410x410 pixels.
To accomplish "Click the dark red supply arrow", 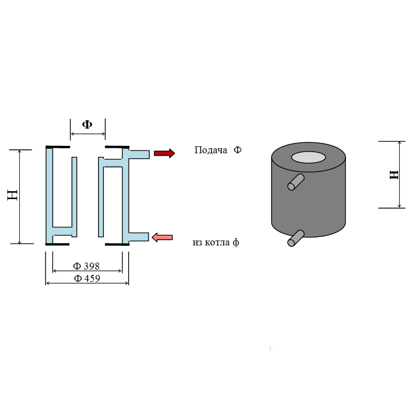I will pyautogui.click(x=164, y=153).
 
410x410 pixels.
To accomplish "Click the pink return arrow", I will pyautogui.click(x=162, y=238).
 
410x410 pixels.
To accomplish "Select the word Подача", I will pyautogui.click(x=211, y=150).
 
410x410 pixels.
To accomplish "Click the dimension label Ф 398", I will pyautogui.click(x=86, y=266).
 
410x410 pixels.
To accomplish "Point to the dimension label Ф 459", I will pyautogui.click(x=87, y=278).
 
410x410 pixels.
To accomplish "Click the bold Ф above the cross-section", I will pyautogui.click(x=87, y=124).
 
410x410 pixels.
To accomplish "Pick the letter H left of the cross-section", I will pyautogui.click(x=13, y=195).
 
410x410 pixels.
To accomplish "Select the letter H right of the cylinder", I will pyautogui.click(x=394, y=174).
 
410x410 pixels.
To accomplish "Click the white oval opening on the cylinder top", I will pyautogui.click(x=308, y=157).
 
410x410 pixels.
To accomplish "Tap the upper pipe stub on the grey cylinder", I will pyautogui.click(x=296, y=181).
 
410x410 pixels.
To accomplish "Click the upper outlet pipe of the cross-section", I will pyautogui.click(x=139, y=154).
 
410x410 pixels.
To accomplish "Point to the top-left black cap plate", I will pyautogui.click(x=58, y=147).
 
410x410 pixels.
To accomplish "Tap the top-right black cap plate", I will pyautogui.click(x=117, y=147).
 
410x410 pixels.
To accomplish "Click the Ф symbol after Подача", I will pyautogui.click(x=238, y=150).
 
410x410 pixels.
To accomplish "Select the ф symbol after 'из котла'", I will pyautogui.click(x=236, y=243).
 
